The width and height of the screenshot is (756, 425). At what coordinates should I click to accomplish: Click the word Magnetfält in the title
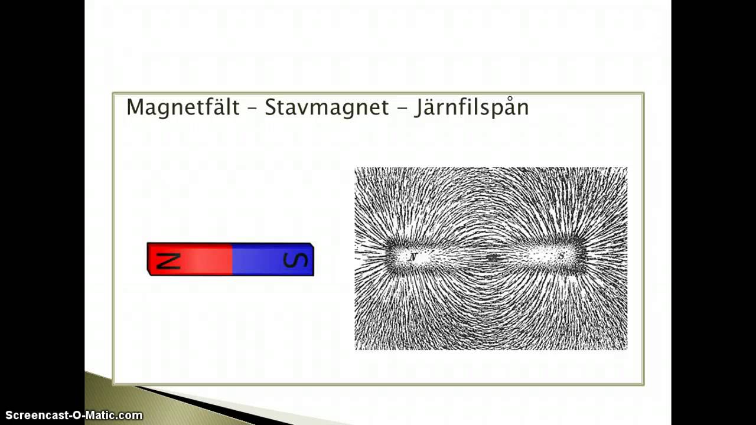click(x=183, y=107)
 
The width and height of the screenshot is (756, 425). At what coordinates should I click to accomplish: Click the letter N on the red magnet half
click(x=168, y=260)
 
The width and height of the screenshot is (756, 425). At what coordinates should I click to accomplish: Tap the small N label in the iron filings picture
click(x=413, y=257)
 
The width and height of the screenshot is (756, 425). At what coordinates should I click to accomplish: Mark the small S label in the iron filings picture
click(x=562, y=256)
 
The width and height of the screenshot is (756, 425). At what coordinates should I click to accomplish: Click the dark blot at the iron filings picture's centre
click(x=492, y=257)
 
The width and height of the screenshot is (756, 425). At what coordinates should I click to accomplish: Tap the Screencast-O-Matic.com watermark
click(x=74, y=416)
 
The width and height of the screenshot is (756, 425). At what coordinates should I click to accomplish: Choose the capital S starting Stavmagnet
click(x=271, y=107)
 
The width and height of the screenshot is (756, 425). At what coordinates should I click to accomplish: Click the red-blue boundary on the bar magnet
click(x=232, y=260)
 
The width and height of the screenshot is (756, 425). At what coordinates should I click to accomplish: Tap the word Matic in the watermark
click(x=97, y=416)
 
